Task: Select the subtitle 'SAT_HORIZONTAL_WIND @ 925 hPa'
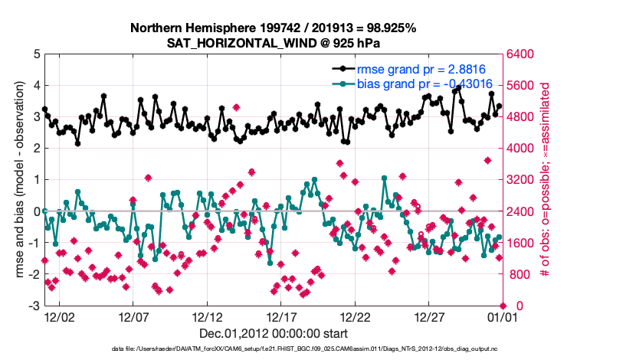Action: click(273, 43)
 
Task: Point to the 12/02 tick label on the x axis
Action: click(59, 316)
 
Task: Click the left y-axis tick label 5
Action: click(35, 54)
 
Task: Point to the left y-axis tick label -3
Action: click(33, 306)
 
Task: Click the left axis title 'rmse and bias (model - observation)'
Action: click(17, 180)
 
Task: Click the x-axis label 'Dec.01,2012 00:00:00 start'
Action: click(274, 333)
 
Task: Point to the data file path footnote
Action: click(274, 349)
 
